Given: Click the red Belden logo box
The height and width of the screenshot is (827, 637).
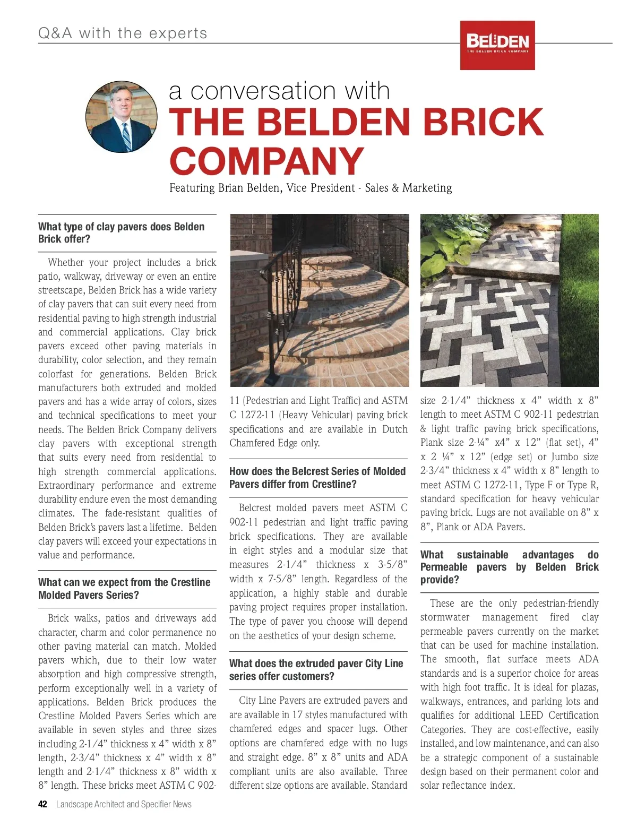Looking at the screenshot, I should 497,45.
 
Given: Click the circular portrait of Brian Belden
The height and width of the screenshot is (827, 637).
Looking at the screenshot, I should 122,117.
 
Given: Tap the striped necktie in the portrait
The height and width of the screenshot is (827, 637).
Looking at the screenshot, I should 126,136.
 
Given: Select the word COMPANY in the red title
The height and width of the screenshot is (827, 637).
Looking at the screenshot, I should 266,161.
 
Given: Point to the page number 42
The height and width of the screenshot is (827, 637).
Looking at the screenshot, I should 42,804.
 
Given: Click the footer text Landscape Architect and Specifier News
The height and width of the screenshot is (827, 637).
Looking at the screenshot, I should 124,804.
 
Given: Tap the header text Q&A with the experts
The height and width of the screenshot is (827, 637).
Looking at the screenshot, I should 123,33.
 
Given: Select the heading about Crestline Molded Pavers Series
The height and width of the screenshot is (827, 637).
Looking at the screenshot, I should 124,589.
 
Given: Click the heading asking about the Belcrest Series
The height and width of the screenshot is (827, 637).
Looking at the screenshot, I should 317,478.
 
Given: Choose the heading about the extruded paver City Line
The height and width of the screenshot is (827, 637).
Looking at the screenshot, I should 316,670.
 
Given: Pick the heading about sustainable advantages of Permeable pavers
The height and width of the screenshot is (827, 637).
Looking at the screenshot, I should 509,567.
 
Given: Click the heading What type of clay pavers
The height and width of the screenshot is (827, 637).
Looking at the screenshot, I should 121,233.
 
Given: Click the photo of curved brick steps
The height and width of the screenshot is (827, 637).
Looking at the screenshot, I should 320,300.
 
